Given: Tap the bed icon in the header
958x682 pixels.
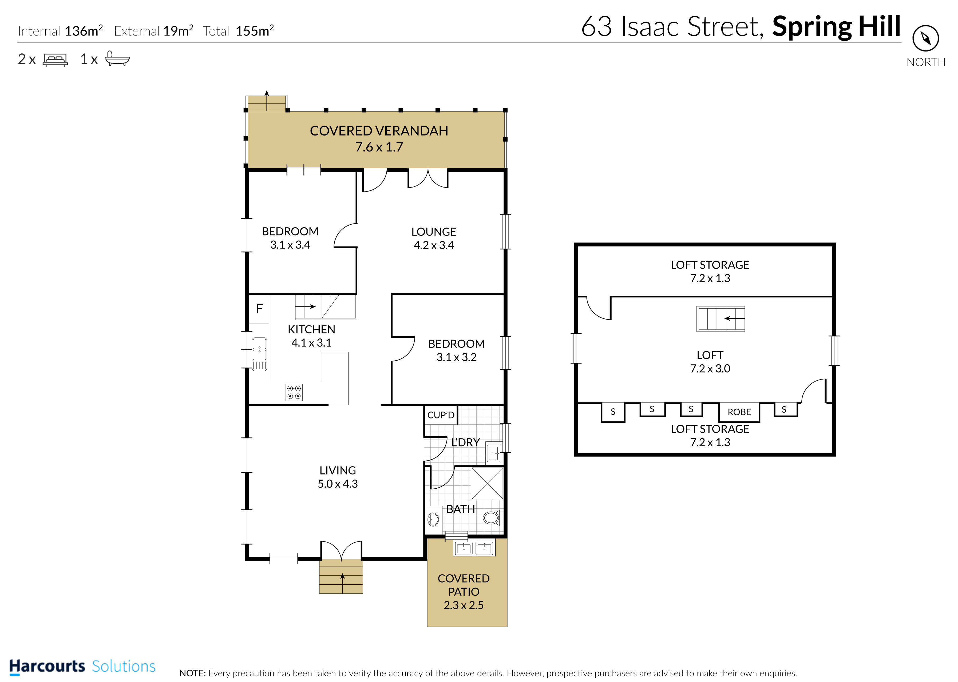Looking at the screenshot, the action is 55,60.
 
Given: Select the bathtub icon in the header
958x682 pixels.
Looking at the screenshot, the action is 117,58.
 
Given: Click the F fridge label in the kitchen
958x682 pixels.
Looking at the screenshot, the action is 259,309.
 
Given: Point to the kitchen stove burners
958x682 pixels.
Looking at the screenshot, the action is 294,392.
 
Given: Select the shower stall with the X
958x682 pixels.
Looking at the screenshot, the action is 487,483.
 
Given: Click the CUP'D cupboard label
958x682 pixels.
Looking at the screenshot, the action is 441,415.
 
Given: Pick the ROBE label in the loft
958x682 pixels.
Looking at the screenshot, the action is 739,412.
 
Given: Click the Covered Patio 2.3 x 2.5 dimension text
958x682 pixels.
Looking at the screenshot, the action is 464,605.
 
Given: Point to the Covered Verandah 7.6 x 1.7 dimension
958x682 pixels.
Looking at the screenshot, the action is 379,147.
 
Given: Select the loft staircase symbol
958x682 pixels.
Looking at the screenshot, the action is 721,319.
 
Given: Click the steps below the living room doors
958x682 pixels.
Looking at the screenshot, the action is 341,576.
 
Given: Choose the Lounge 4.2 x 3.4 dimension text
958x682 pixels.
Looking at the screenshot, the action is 434,245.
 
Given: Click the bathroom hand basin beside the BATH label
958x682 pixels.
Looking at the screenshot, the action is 433,520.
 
